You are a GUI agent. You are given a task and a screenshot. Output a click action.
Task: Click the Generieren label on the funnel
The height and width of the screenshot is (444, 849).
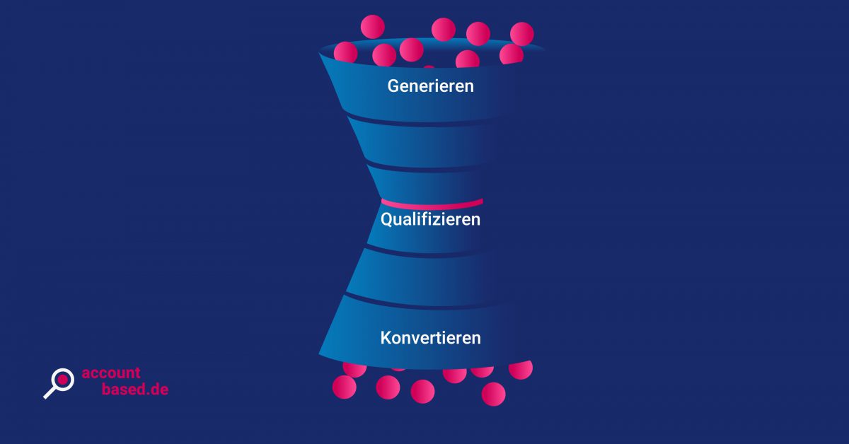coord(430,86)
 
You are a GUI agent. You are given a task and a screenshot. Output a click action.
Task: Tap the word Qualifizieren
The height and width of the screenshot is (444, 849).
coord(430,219)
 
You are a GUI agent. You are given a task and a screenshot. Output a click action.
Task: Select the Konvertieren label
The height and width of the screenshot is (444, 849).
coord(430,338)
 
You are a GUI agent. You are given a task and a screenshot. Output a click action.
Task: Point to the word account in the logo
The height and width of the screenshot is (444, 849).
coord(111,373)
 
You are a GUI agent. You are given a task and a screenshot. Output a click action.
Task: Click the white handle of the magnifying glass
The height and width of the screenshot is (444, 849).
coord(50,392)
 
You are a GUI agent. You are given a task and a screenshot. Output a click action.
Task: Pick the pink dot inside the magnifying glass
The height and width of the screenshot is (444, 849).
coord(62,380)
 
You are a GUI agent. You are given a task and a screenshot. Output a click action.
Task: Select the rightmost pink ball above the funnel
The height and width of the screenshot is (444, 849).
coord(521,33)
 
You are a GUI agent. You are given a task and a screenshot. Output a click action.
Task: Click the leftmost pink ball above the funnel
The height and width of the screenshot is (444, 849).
coord(345,52)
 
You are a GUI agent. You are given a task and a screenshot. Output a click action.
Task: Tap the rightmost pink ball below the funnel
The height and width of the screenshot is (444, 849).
coord(520,369)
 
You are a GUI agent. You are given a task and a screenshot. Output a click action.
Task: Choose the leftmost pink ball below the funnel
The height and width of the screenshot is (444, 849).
coord(344,387)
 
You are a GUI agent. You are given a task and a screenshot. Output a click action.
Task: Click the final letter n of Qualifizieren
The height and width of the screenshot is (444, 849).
coord(476,219)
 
